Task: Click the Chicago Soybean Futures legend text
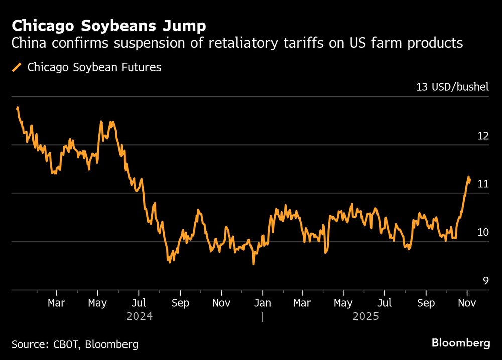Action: click(x=94, y=67)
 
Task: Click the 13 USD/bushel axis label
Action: click(x=452, y=87)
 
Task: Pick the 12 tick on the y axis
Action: click(x=482, y=136)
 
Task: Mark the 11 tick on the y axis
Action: click(x=482, y=184)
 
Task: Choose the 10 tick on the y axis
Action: click(x=482, y=232)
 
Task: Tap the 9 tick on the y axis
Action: click(x=485, y=281)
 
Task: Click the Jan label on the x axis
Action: click(x=262, y=303)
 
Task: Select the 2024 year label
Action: click(x=139, y=317)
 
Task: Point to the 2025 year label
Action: click(x=365, y=317)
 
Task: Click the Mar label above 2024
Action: click(x=56, y=303)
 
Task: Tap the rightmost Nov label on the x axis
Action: click(x=467, y=303)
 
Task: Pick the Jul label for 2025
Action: click(x=384, y=303)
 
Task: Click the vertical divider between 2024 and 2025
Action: click(x=262, y=317)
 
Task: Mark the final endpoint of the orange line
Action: click(x=470, y=180)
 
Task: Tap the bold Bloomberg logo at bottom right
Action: click(x=461, y=343)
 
